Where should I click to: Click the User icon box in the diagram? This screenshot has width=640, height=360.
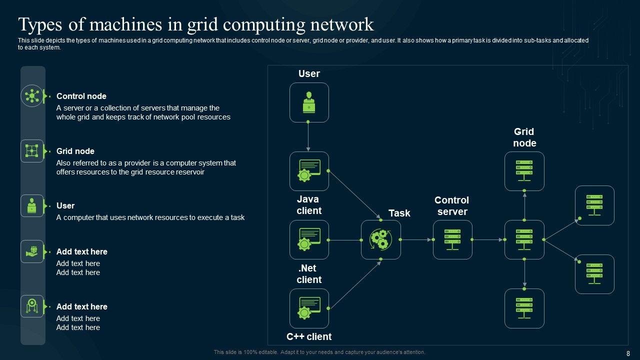(309, 102)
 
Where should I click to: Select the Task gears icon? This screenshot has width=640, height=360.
(381, 240)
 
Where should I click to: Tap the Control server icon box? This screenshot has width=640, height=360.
(452, 240)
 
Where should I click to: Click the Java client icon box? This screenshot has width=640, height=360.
(309, 171)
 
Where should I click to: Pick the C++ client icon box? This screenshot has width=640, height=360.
(309, 308)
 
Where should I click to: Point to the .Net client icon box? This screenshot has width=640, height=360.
(309, 240)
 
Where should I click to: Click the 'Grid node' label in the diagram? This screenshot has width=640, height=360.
(524, 137)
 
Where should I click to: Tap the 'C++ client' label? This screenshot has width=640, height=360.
(309, 336)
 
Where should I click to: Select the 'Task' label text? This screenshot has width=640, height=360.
(399, 213)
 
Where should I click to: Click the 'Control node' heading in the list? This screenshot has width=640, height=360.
(81, 96)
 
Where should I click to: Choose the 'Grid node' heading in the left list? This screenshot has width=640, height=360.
(75, 151)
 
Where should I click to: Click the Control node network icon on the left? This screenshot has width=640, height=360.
(32, 95)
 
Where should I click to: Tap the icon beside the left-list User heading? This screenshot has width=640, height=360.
(32, 205)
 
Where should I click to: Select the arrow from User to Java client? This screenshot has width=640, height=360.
(308, 136)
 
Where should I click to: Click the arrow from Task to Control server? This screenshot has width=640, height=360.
(416, 240)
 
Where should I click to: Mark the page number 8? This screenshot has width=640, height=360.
(628, 353)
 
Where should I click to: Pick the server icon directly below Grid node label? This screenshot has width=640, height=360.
(524, 171)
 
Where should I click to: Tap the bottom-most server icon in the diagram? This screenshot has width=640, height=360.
(524, 308)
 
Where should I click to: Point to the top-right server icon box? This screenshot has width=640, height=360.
(594, 205)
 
